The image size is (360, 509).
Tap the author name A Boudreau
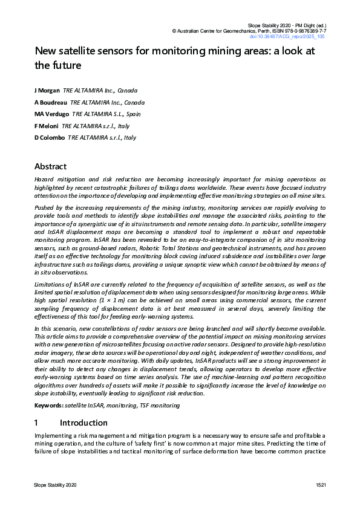coord(50,102)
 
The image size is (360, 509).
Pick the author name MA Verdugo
coord(51,114)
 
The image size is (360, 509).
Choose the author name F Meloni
coord(47,126)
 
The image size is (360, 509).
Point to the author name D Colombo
coord(50,138)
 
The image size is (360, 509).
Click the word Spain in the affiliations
coord(134,114)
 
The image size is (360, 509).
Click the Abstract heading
coord(50,166)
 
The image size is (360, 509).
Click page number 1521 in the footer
coord(321,486)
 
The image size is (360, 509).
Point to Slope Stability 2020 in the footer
coord(55,486)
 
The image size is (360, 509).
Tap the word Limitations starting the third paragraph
coord(51,284)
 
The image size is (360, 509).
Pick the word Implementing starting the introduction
coord(56,436)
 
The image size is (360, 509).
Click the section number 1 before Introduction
coord(37,423)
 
